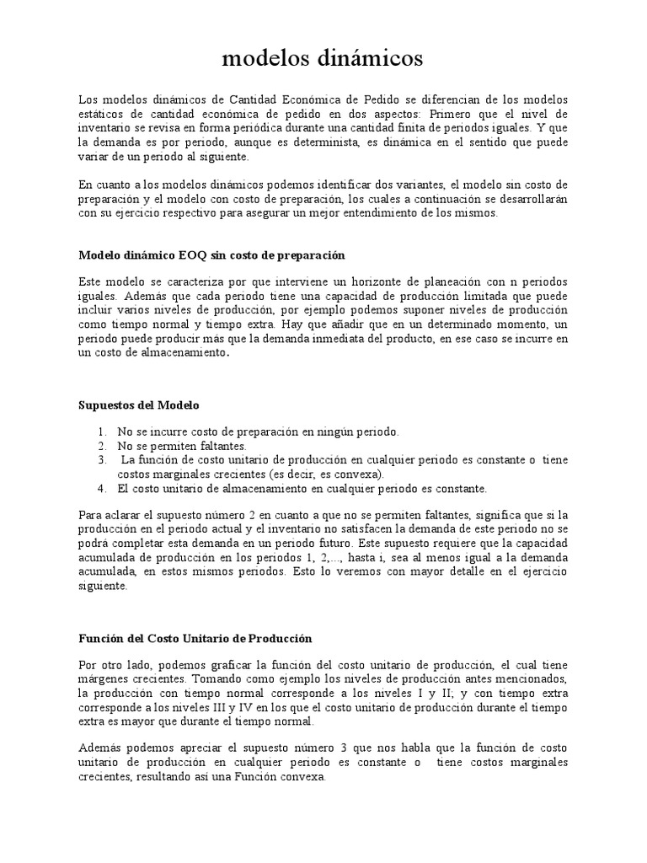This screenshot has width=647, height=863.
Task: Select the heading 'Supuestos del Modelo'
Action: (139, 405)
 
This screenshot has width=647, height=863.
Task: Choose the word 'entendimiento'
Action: (354, 213)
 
